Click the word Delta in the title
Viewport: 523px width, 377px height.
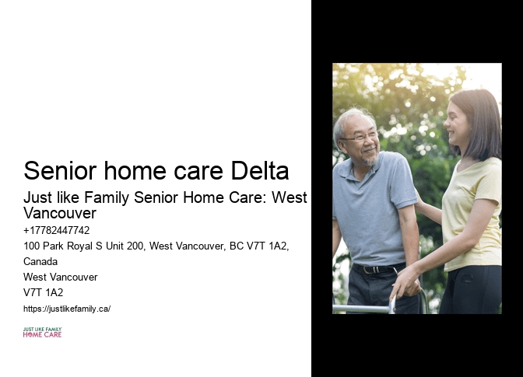pyautogui.click(x=258, y=170)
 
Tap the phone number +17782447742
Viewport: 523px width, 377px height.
pyautogui.click(x=57, y=230)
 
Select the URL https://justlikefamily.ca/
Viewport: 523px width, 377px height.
pyautogui.click(x=67, y=309)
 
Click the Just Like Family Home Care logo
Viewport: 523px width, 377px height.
pyautogui.click(x=42, y=333)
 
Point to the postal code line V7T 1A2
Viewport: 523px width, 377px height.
pyautogui.click(x=44, y=292)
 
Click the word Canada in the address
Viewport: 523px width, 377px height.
pyautogui.click(x=40, y=261)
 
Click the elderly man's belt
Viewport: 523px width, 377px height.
pyautogui.click(x=374, y=269)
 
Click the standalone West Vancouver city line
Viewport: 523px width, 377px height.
pyautogui.click(x=61, y=277)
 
